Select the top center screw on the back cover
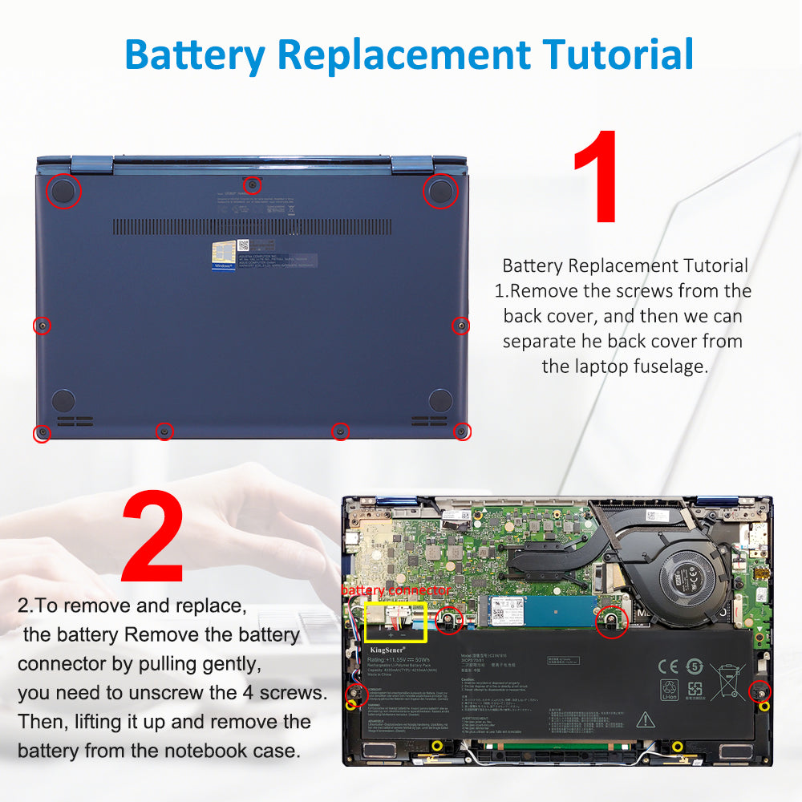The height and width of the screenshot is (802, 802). click(253, 185)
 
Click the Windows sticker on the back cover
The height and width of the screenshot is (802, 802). click(224, 256)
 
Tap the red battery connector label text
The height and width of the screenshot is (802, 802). click(395, 590)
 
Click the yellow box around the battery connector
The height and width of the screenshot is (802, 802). click(395, 623)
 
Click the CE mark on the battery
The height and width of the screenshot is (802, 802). click(668, 666)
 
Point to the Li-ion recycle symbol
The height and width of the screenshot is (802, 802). click(669, 690)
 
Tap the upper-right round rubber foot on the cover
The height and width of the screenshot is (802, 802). click(439, 191)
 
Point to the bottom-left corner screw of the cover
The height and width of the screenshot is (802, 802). click(42, 433)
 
